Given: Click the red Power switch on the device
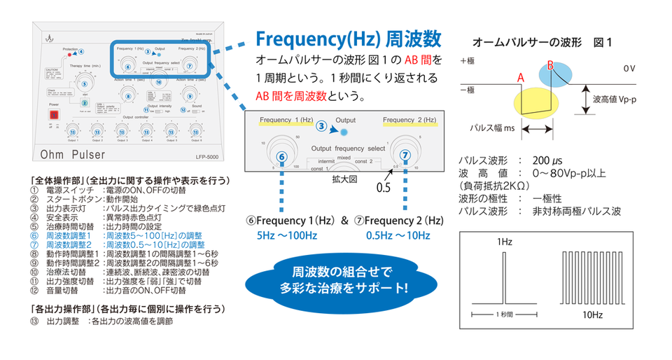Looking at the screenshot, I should click(54, 111).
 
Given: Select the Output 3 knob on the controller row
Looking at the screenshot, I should click(121, 131).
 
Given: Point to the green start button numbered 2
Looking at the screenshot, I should click(84, 103).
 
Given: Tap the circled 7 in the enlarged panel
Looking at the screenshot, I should click(403, 155).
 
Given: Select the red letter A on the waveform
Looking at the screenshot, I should click(521, 78).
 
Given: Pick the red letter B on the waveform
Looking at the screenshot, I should click(551, 66).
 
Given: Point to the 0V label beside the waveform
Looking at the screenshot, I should click(631, 69).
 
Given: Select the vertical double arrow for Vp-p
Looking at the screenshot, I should click(583, 99).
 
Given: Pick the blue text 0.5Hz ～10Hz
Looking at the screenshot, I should click(398, 235).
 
